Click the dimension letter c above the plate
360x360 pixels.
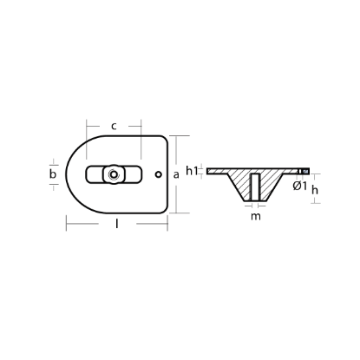click(x=115, y=127)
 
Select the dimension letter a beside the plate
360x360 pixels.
click(x=177, y=173)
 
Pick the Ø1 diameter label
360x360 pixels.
click(x=299, y=185)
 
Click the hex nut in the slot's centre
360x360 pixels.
click(x=114, y=173)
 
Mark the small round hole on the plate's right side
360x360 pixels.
click(x=157, y=173)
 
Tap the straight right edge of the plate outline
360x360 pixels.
click(x=167, y=173)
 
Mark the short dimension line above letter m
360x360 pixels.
click(x=253, y=206)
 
